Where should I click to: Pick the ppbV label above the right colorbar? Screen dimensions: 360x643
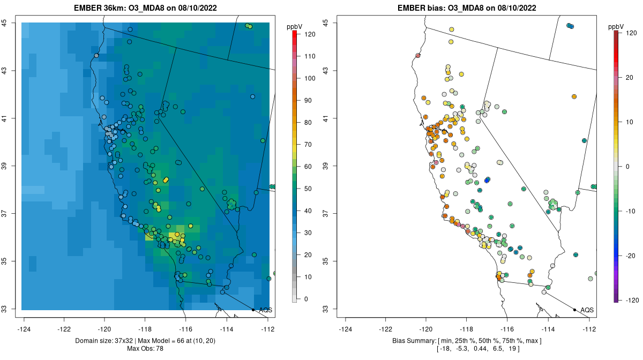617,26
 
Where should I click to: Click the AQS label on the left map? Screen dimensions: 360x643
265,310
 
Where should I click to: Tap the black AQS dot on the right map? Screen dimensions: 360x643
574,310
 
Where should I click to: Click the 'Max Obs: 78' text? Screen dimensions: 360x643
145,349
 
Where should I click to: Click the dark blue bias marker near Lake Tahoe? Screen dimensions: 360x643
487,180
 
